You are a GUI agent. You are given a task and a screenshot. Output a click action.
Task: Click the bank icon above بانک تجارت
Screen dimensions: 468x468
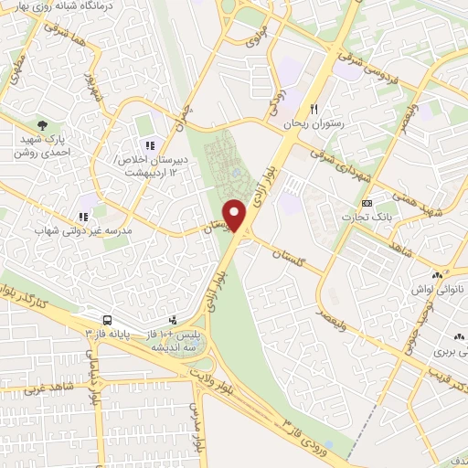coord(367,202)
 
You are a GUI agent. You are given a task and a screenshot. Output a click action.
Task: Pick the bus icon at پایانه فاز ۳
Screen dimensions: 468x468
coord(108,320)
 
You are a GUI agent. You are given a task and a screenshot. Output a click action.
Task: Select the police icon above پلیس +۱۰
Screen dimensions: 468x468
coord(173,320)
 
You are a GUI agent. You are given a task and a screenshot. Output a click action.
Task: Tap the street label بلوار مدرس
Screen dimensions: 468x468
coord(196,427)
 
